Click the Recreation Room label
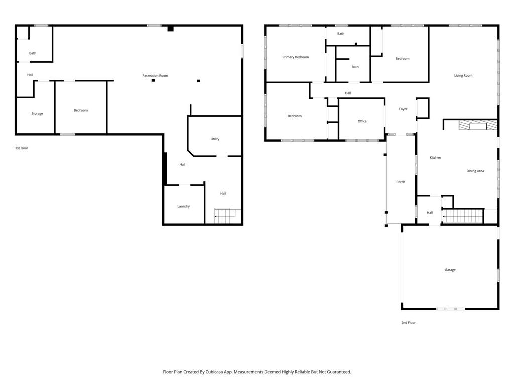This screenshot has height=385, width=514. tap(155, 76)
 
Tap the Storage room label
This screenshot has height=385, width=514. tap(37, 114)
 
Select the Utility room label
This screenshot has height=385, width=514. tap(215, 139)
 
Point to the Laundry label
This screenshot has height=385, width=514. tap(183, 206)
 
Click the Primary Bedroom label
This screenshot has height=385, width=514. tap(295, 57)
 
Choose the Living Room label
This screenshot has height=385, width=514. tap(463, 76)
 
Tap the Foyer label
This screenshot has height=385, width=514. tap(403, 109)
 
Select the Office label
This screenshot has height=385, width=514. tap(362, 121)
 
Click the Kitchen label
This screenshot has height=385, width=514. tap(435, 158)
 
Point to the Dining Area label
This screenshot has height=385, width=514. tap(475, 171)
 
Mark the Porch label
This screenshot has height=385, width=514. tap(401, 182)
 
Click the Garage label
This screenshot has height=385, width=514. tap(450, 270)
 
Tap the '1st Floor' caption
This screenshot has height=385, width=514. tap(22, 148)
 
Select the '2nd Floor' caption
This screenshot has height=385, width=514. tap(408, 323)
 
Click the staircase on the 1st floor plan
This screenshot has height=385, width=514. tap(225, 216)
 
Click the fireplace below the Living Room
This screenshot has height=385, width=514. tap(477, 125)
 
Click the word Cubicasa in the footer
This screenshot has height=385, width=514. tap(227, 372)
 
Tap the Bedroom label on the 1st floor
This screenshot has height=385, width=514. tap(80, 110)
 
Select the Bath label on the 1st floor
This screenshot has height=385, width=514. tap(33, 53)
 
